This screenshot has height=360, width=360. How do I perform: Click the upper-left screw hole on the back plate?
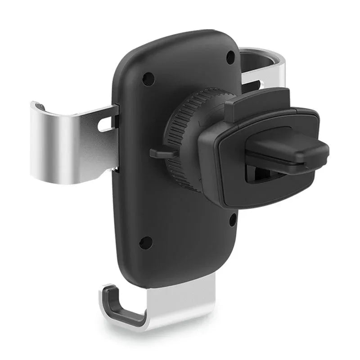(145, 81)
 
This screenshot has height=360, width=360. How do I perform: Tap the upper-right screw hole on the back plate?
(230, 56)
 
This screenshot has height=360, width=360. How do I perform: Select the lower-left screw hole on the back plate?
(144, 243)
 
